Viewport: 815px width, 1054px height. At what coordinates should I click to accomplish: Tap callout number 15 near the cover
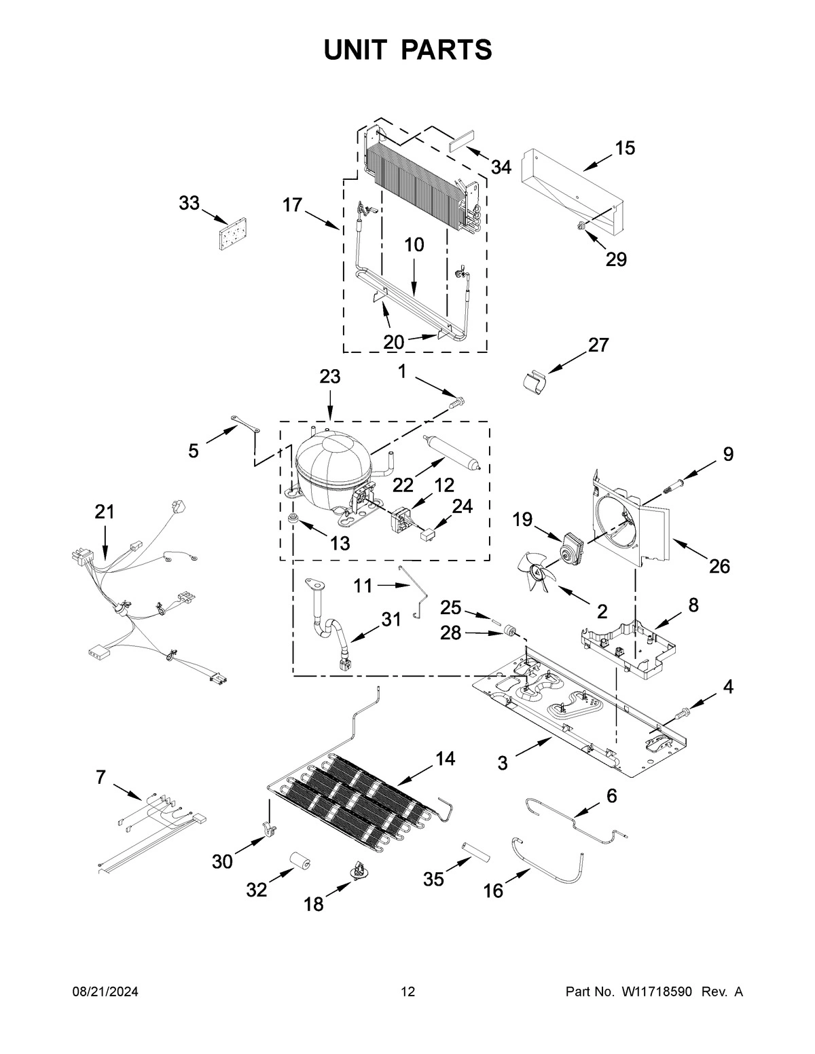[x=625, y=149]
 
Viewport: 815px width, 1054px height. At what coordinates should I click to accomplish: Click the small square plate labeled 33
[x=232, y=236]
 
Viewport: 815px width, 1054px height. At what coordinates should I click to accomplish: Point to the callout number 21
[x=105, y=512]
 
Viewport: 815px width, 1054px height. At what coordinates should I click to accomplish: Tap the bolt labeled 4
[x=682, y=712]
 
